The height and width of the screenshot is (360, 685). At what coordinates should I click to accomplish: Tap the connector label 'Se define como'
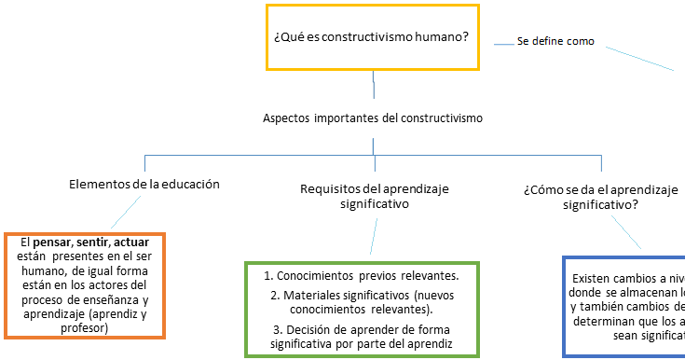tap(555, 41)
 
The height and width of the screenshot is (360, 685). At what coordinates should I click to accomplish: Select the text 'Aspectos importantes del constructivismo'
tap(373, 118)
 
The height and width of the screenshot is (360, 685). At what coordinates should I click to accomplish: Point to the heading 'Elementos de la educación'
tap(144, 184)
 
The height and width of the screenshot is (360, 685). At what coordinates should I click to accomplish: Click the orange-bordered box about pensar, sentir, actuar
tap(85, 285)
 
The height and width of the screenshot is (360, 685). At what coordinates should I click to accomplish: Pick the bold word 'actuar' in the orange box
tap(137, 242)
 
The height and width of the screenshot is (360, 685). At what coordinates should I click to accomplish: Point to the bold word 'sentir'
tap(94, 242)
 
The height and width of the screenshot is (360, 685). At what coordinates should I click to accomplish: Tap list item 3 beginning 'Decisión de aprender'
tap(373, 337)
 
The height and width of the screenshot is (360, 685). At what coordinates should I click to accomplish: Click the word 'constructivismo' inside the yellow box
tap(358, 37)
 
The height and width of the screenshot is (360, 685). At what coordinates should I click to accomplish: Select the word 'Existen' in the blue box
tap(594, 278)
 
